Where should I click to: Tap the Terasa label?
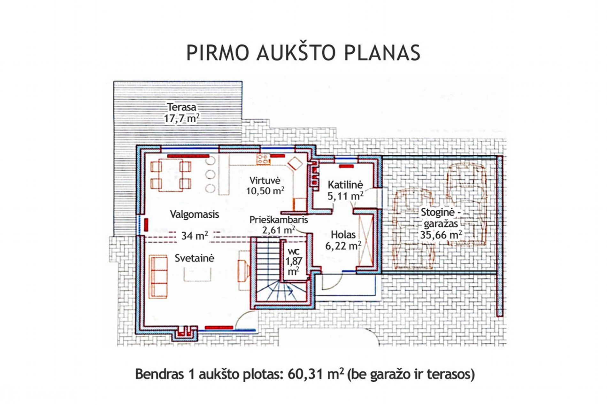point(182,107)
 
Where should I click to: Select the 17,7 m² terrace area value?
point(182,118)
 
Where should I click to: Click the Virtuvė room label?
point(265,181)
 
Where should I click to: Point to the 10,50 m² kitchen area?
point(265,191)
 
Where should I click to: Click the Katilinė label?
point(345,185)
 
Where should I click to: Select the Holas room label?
point(343,235)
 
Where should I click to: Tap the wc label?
point(294,251)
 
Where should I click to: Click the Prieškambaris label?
point(279,220)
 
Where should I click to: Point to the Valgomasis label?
point(194,214)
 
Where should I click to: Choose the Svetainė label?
point(194,258)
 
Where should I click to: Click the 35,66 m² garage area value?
point(441,235)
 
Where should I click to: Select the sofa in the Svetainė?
point(158,277)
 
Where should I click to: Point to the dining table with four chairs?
point(171,175)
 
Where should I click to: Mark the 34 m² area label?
point(195,236)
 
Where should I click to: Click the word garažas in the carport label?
point(441,224)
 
